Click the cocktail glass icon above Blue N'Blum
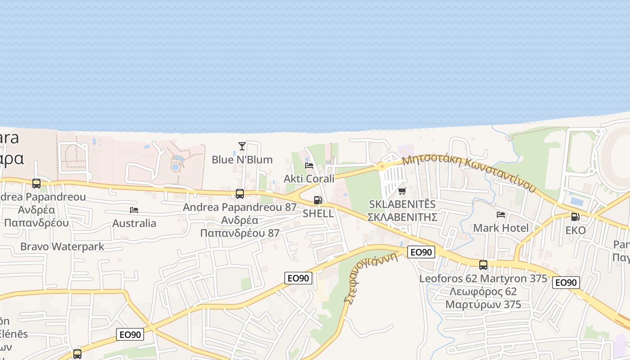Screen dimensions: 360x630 pyautogui.click(x=242, y=146)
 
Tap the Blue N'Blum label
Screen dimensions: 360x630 pyautogui.click(x=242, y=160)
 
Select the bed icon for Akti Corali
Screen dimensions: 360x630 pyautogui.click(x=309, y=166)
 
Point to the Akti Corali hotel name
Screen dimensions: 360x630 pyautogui.click(x=309, y=179)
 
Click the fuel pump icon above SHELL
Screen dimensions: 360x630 pyautogui.click(x=318, y=200)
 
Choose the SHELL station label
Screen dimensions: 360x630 pyautogui.click(x=318, y=213)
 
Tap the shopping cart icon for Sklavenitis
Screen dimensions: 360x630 pyautogui.click(x=402, y=191)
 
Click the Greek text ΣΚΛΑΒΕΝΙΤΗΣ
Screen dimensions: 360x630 pyautogui.click(x=402, y=217)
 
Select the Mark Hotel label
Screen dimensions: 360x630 pyautogui.click(x=501, y=228)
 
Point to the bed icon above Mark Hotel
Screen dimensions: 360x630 pyautogui.click(x=501, y=215)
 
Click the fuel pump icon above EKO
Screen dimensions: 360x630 pyautogui.click(x=575, y=217)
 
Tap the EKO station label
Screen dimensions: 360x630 pyautogui.click(x=575, y=230)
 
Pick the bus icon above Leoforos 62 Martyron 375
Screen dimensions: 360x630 pyautogui.click(x=483, y=265)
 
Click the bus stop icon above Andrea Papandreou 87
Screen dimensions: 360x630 pyautogui.click(x=240, y=194)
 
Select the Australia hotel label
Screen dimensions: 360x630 pyautogui.click(x=134, y=223)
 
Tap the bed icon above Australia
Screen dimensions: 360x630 pyautogui.click(x=134, y=210)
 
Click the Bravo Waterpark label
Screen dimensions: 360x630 pyautogui.click(x=62, y=247)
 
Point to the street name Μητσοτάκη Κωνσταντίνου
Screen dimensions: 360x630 pyautogui.click(x=469, y=173)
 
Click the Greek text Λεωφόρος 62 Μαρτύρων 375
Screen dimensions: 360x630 pyautogui.click(x=483, y=298)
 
